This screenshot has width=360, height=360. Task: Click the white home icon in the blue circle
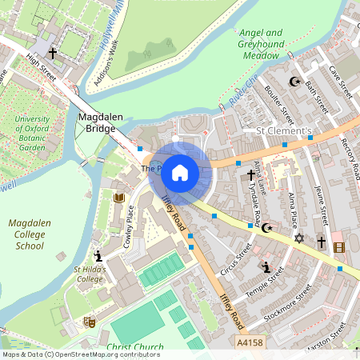click(180, 172)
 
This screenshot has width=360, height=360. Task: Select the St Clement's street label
click(282, 130)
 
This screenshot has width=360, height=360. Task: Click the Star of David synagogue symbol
click(300, 238)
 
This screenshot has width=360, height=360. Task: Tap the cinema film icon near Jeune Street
click(338, 247)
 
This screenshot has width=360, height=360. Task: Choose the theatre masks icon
click(90, 322)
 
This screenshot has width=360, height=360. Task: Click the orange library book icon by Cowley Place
click(119, 197)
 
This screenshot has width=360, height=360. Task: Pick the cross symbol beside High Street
click(53, 54)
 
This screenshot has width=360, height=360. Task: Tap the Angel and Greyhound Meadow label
click(260, 44)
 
